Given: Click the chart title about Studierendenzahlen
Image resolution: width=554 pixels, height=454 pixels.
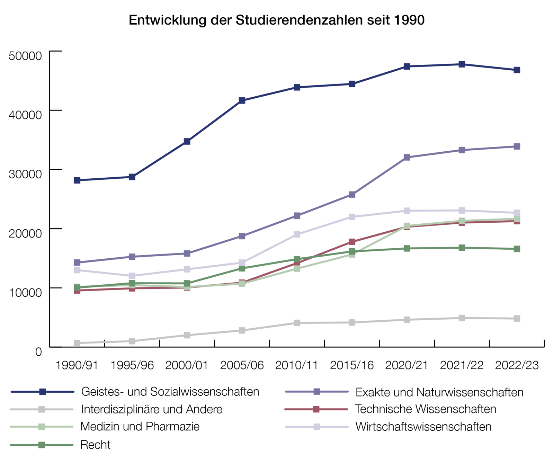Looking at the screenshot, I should tap(276, 20).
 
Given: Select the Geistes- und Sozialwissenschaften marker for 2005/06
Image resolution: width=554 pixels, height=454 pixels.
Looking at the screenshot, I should tap(242, 100).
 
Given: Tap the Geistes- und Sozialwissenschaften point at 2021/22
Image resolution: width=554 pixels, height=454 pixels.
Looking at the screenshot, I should tap(462, 64).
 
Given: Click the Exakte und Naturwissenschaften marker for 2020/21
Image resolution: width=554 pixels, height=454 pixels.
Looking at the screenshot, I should tap(407, 157).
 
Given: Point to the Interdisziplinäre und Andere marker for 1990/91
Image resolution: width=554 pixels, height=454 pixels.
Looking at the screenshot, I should tap(77, 343).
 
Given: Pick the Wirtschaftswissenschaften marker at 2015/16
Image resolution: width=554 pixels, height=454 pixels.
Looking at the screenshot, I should tap(352, 217).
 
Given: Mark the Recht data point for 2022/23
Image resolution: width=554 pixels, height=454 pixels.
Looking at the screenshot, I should tap(517, 249).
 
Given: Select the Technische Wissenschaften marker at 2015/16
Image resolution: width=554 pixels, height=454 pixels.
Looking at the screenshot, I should tap(352, 242).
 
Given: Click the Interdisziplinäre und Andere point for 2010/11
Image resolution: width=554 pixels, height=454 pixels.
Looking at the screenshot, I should tap(297, 323).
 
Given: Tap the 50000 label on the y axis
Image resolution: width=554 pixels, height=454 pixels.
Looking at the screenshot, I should tap(25, 55).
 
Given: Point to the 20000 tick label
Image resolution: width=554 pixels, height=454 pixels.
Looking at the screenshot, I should tap(25, 233).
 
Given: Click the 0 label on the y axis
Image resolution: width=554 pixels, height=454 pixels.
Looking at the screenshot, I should tap(38, 351).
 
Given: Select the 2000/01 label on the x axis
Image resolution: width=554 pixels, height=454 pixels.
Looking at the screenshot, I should tap(187, 365).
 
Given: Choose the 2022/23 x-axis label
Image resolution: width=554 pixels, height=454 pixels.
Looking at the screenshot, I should tap(517, 365).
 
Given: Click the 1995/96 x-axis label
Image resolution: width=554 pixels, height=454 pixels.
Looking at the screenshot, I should tap(132, 365).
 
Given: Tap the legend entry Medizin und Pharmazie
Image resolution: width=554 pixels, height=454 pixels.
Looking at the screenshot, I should tap(140, 426).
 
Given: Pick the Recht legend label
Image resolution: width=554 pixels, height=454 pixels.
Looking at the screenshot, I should tap(95, 445).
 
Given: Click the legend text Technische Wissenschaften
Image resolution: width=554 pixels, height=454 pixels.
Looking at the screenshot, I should tap(425, 409).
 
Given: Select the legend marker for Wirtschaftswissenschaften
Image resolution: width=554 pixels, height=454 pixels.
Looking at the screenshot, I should tap(316, 427).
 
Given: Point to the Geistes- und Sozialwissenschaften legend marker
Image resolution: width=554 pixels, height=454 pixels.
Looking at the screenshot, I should tap(42, 392).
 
